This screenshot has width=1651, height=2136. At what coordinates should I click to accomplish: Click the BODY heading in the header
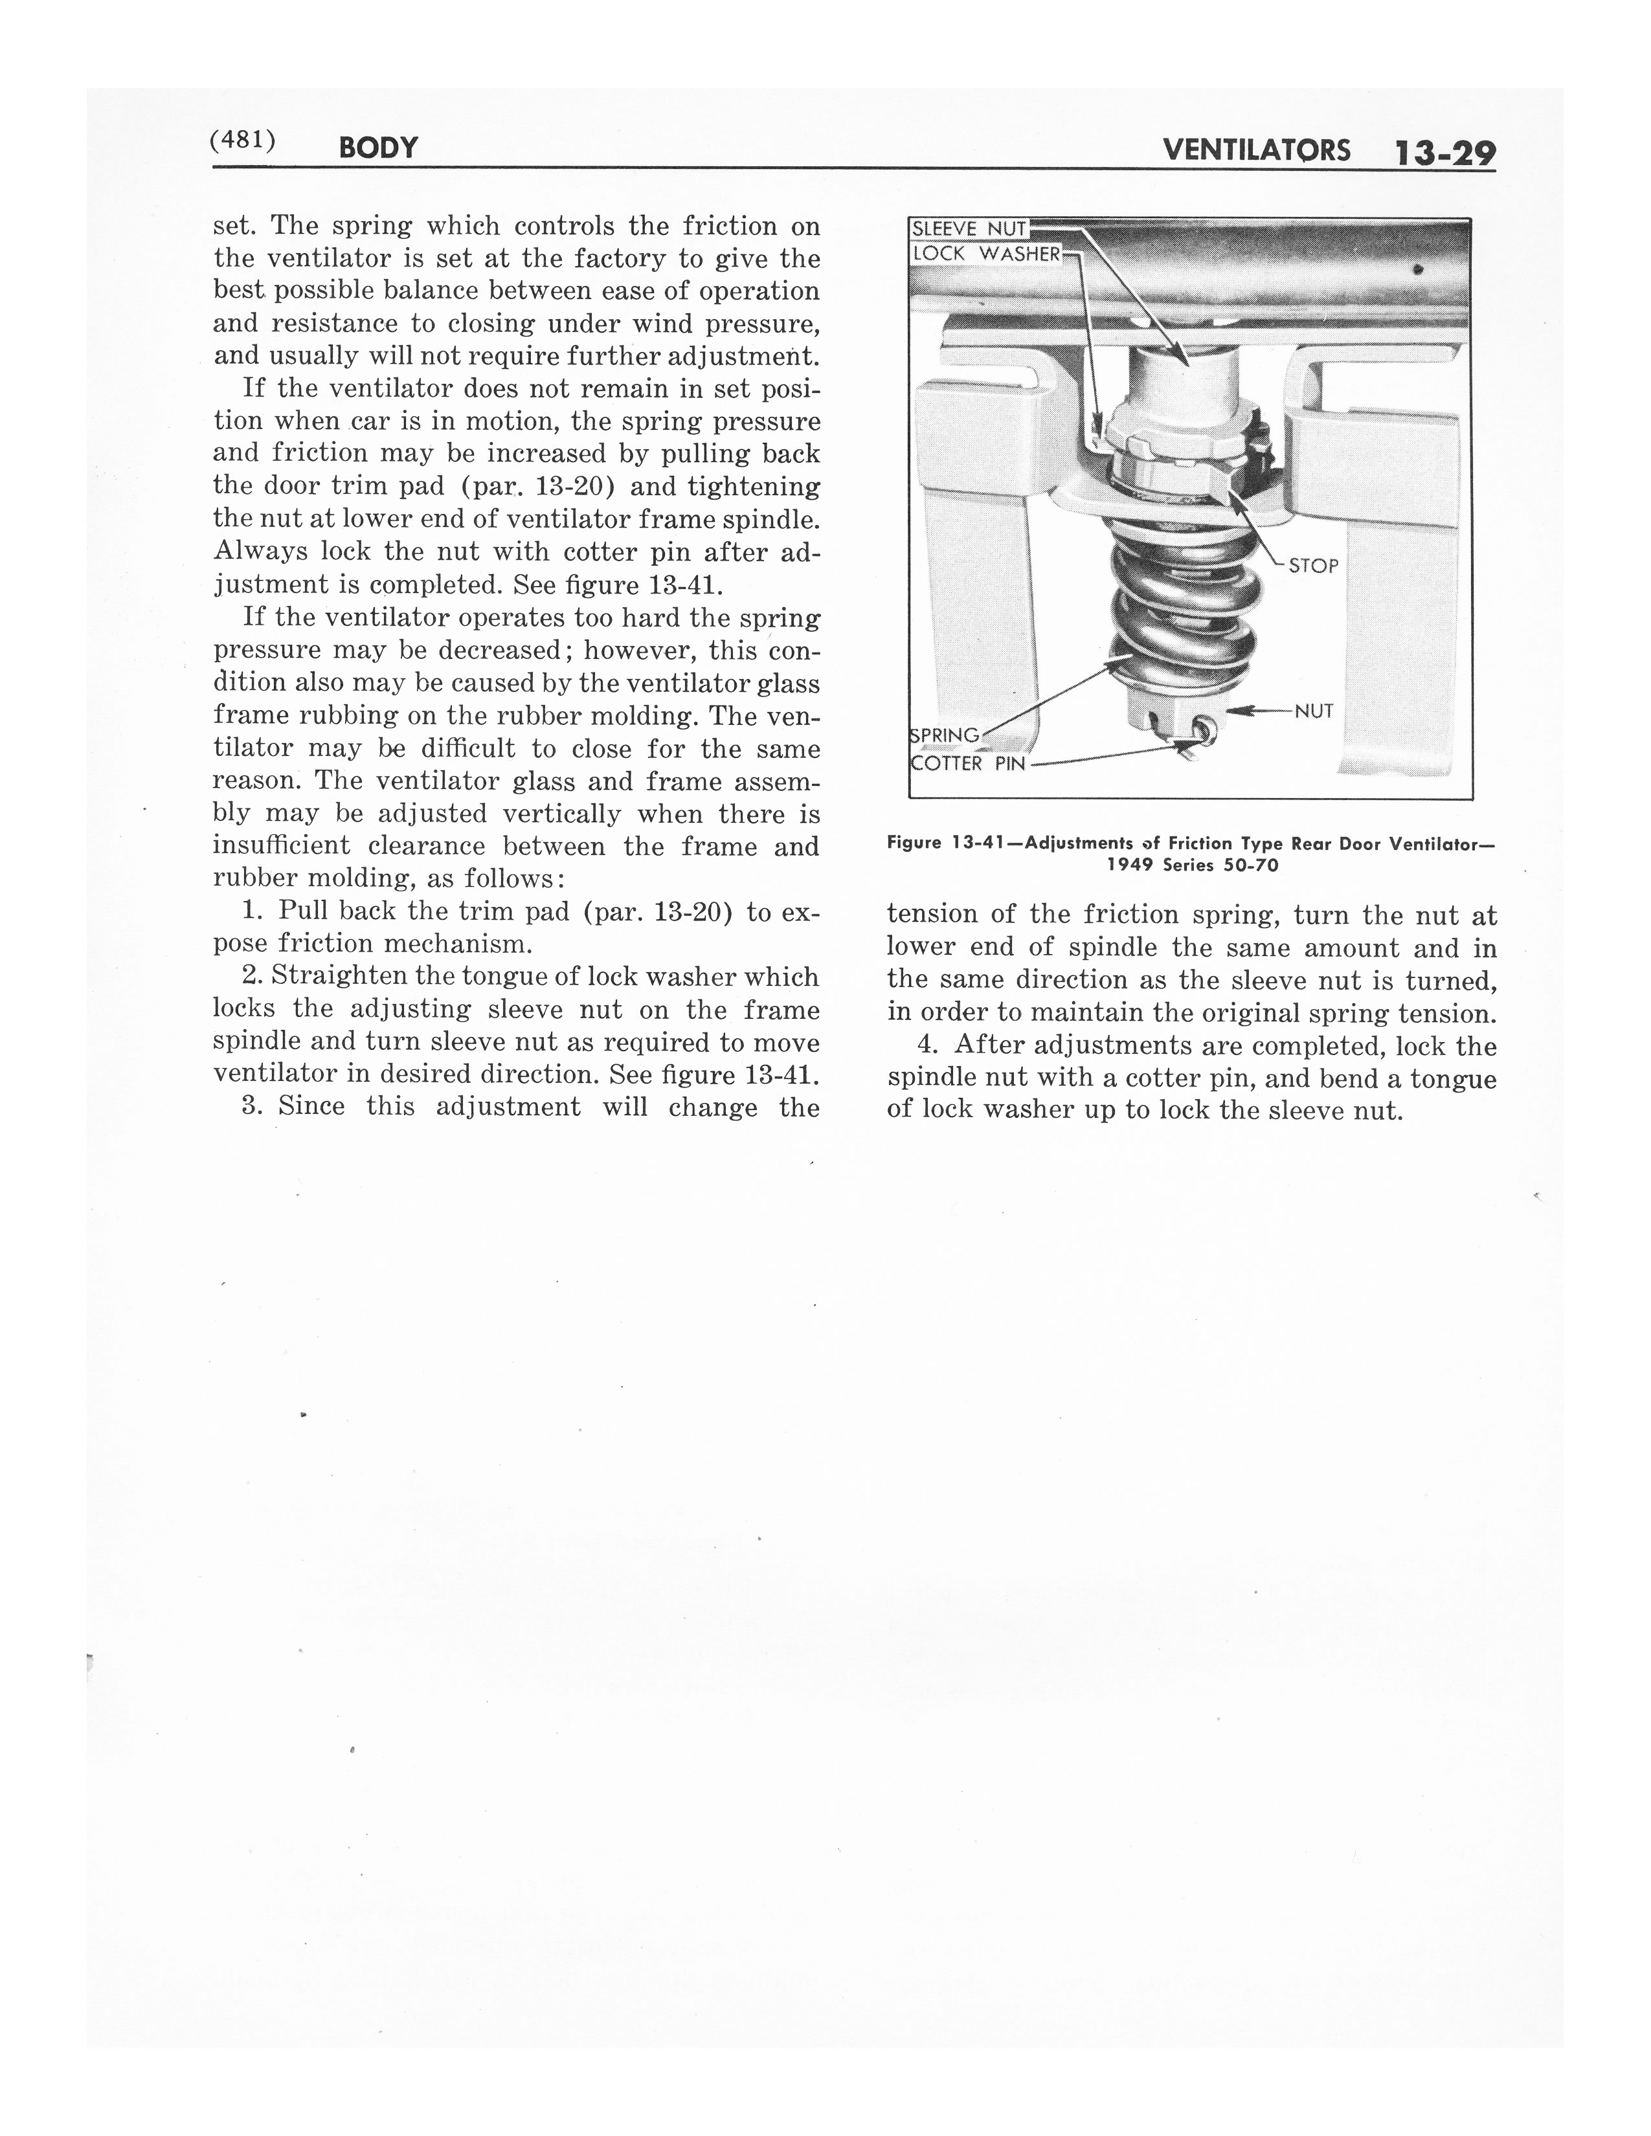[377, 148]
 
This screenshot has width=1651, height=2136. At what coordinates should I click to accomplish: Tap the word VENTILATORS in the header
[1256, 150]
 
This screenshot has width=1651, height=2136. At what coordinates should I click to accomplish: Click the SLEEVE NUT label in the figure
[969, 229]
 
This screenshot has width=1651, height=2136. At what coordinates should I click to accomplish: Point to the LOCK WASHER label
[985, 253]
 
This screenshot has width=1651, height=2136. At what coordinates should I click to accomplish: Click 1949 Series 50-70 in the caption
[1191, 865]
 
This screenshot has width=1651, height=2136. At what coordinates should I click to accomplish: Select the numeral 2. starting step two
[251, 976]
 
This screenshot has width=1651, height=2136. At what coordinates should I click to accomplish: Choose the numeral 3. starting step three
[251, 1106]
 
